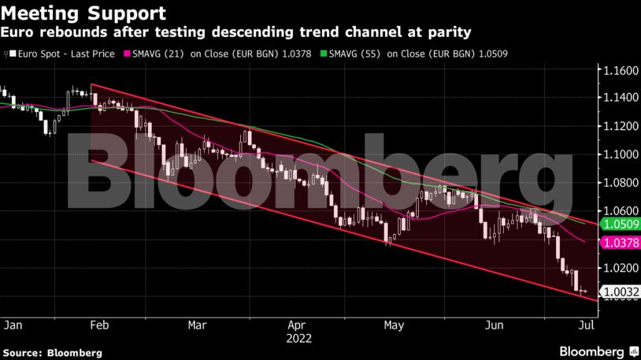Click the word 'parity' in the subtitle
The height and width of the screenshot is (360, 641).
(450, 32)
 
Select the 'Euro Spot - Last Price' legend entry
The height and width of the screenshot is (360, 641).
(59, 54)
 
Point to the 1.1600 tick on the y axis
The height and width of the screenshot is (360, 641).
(620, 71)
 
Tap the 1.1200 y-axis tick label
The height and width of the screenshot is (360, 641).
(620, 126)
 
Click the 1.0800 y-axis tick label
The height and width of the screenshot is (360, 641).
(620, 183)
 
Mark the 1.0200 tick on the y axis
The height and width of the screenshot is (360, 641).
(620, 268)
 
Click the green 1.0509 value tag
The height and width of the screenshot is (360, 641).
(620, 225)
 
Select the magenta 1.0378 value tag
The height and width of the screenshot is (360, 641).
(620, 243)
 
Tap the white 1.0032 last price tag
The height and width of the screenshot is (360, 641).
(620, 291)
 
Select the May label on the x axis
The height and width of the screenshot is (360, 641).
(394, 324)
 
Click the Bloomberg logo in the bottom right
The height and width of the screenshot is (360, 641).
(592, 351)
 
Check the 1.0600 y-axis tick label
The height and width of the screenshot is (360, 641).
(620, 210)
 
